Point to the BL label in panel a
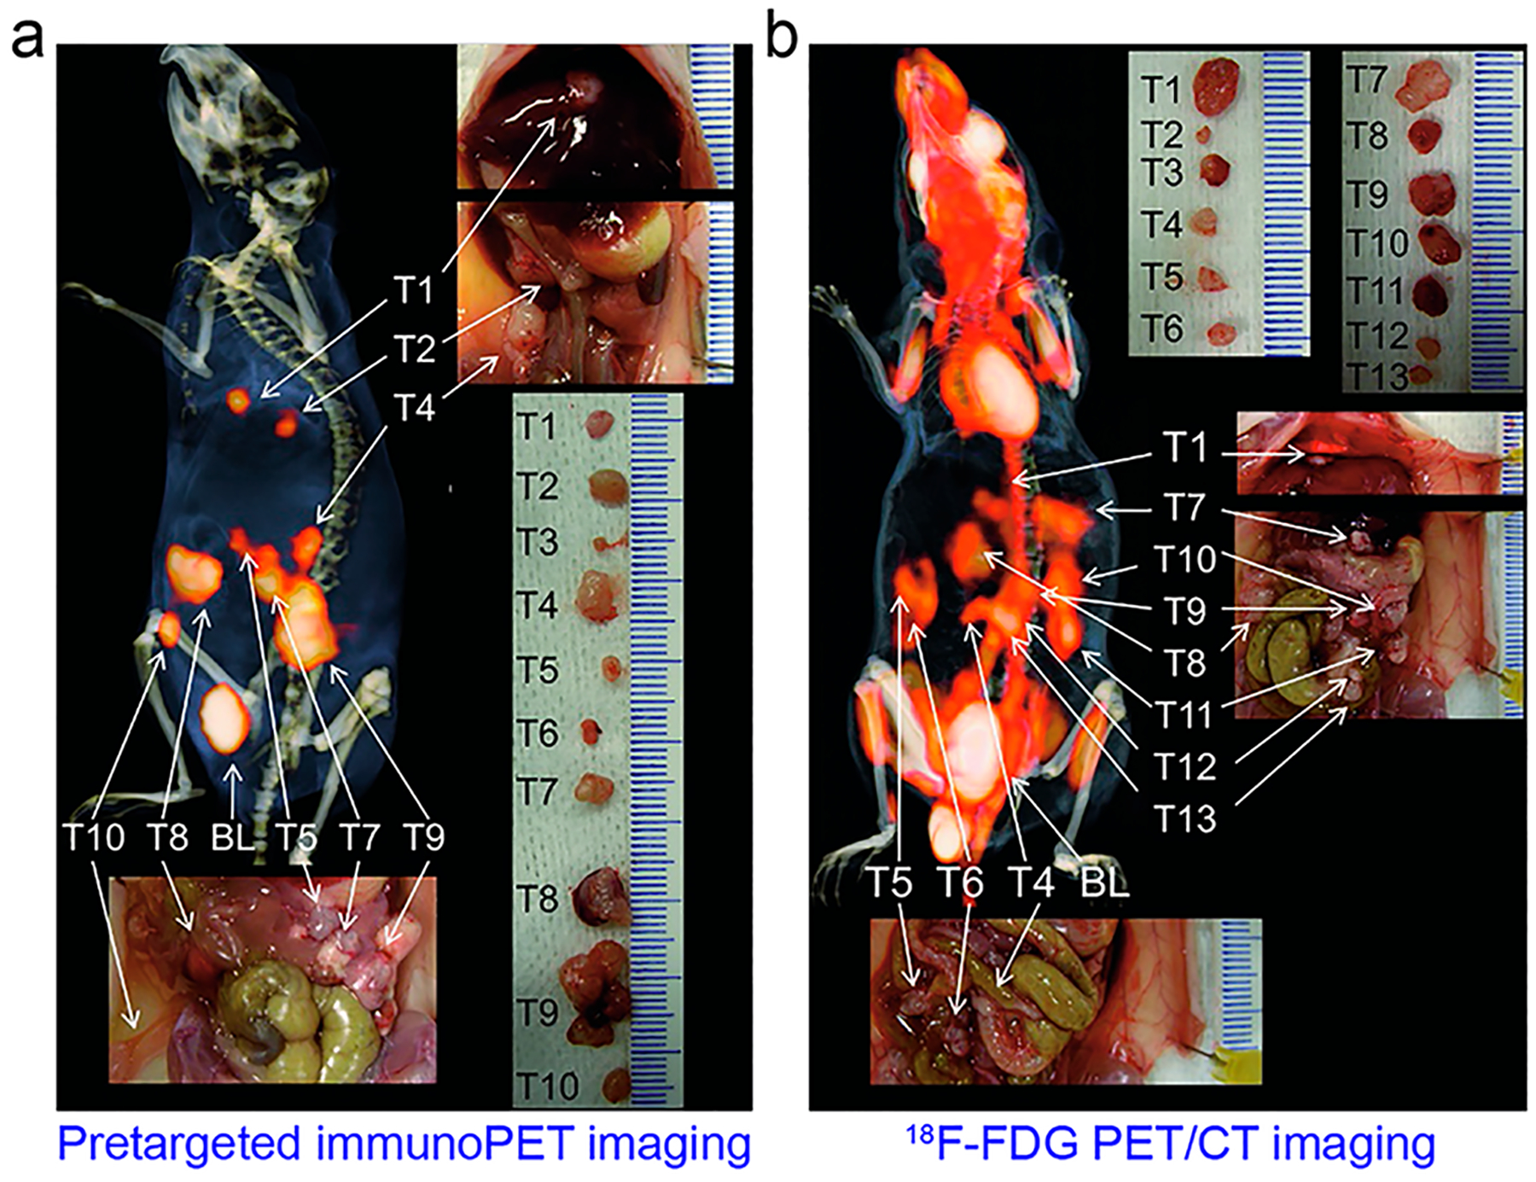click(232, 837)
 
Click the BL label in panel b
click(1104, 882)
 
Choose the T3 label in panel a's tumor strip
click(537, 543)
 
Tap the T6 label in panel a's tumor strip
click(537, 732)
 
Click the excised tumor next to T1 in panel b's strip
click(1216, 85)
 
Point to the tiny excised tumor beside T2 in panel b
click(1204, 134)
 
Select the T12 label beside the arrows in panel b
click(1184, 766)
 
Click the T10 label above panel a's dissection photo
click(93, 837)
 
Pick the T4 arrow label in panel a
click(415, 407)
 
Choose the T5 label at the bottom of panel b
click(890, 882)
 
